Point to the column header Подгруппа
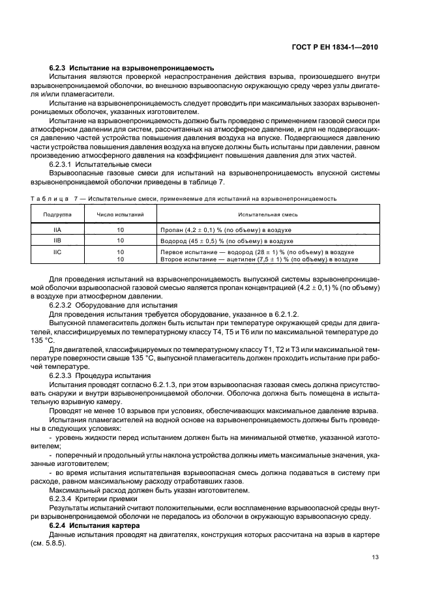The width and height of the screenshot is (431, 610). (x=58, y=213)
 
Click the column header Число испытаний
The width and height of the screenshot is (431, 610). (x=120, y=213)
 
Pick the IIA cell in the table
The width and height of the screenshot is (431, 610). (x=58, y=231)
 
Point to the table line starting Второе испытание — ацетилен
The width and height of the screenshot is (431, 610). (x=258, y=259)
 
